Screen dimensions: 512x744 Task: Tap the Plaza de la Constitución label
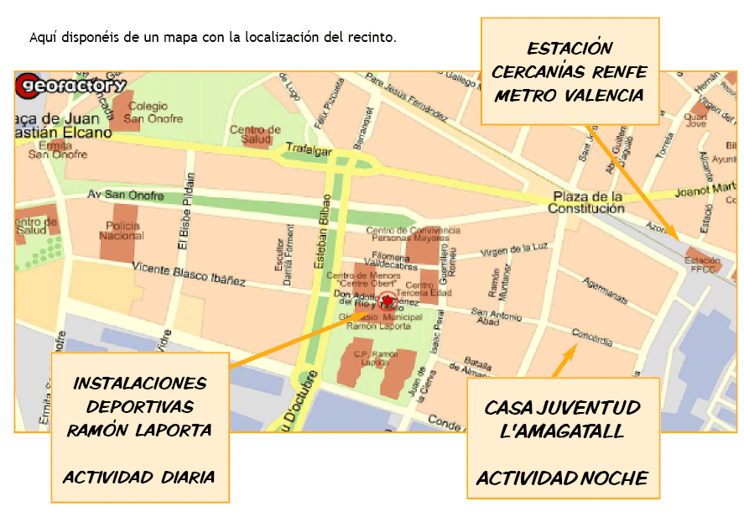coord(587,203)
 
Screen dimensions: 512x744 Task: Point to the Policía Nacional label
coord(122,231)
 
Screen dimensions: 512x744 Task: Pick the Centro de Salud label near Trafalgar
coord(255,134)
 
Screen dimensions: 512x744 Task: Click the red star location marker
coord(387,301)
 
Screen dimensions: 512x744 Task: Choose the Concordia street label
coord(592,337)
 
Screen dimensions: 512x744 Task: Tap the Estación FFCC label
coord(704,264)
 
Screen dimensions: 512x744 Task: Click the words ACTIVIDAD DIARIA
coord(139,477)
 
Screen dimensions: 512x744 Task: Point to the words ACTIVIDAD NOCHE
coord(562,478)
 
